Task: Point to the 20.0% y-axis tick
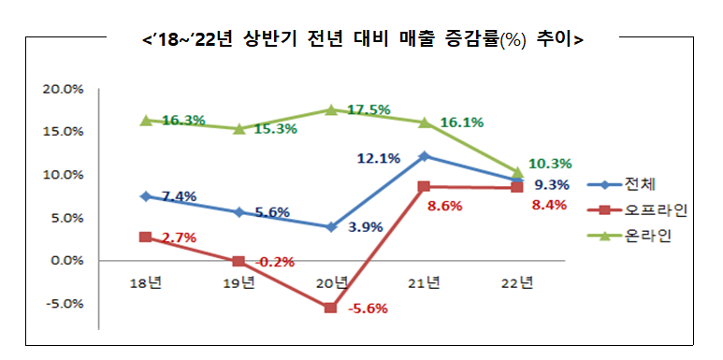[x=63, y=89]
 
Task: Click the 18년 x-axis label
[x=146, y=281]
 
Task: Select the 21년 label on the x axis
[x=424, y=281]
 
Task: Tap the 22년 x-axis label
[x=516, y=281]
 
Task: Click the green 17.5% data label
[x=368, y=109]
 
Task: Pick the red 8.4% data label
[x=548, y=205]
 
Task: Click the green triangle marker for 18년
[x=146, y=120]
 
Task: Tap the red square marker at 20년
[x=331, y=308]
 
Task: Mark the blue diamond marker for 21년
[x=424, y=156]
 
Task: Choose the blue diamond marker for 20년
[x=331, y=227]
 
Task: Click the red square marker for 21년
[x=424, y=186]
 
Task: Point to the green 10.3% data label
[x=551, y=164]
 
